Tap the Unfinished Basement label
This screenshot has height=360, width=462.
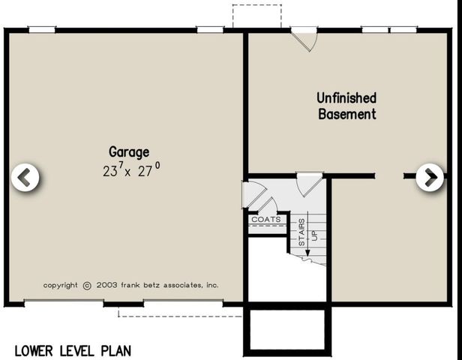coord(346,106)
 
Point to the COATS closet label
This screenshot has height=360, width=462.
coord(266,220)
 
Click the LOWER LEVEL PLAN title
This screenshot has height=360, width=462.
coord(72,349)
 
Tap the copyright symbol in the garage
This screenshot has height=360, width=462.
coord(87,285)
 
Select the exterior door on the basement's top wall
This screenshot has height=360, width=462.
coord(304,38)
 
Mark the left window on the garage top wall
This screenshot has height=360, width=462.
coord(42,30)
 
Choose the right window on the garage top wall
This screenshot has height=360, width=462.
coord(211,30)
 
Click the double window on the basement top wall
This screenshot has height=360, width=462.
coord(388,30)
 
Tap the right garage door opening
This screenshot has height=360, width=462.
coord(184,303)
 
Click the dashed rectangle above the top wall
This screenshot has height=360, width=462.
coord(256,15)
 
